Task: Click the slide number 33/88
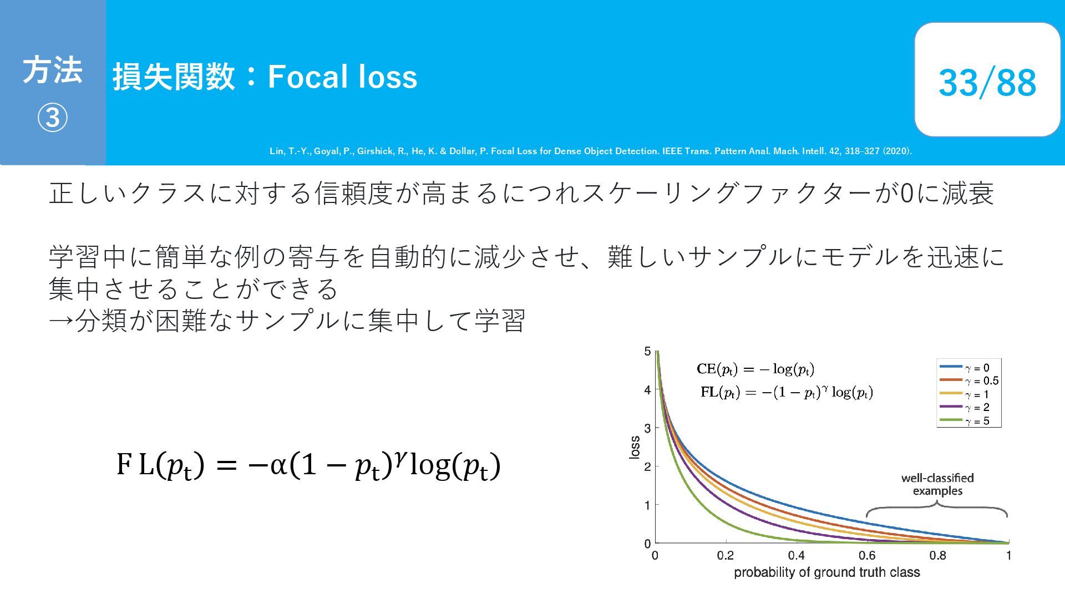coord(987,82)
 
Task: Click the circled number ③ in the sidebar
coord(53,118)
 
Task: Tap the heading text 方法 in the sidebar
coord(53,70)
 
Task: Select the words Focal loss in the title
coord(342,77)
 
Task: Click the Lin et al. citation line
coord(591,151)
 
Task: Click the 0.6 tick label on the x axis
coord(867,556)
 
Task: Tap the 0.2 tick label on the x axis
coord(725,556)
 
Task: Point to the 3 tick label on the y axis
coord(647,428)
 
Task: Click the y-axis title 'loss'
coord(635,447)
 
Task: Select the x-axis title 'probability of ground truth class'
coord(826,573)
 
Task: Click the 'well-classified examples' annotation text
coord(937,484)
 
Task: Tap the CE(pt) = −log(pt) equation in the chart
coord(755,369)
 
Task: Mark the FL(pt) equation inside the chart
coord(787,392)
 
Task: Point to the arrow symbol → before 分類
coord(61,321)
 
